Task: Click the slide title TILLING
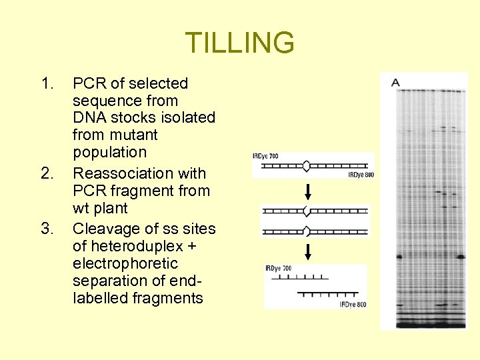click(x=239, y=43)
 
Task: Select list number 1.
click(x=46, y=84)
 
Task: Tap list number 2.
click(x=46, y=174)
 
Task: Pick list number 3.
click(x=46, y=229)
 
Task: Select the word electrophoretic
click(x=116, y=264)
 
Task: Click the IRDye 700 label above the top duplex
click(x=266, y=156)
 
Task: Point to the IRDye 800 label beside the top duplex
click(x=361, y=175)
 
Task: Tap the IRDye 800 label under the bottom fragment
click(x=353, y=305)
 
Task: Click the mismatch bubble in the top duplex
click(x=307, y=165)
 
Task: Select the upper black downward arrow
click(x=308, y=193)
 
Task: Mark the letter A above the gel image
click(x=395, y=83)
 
